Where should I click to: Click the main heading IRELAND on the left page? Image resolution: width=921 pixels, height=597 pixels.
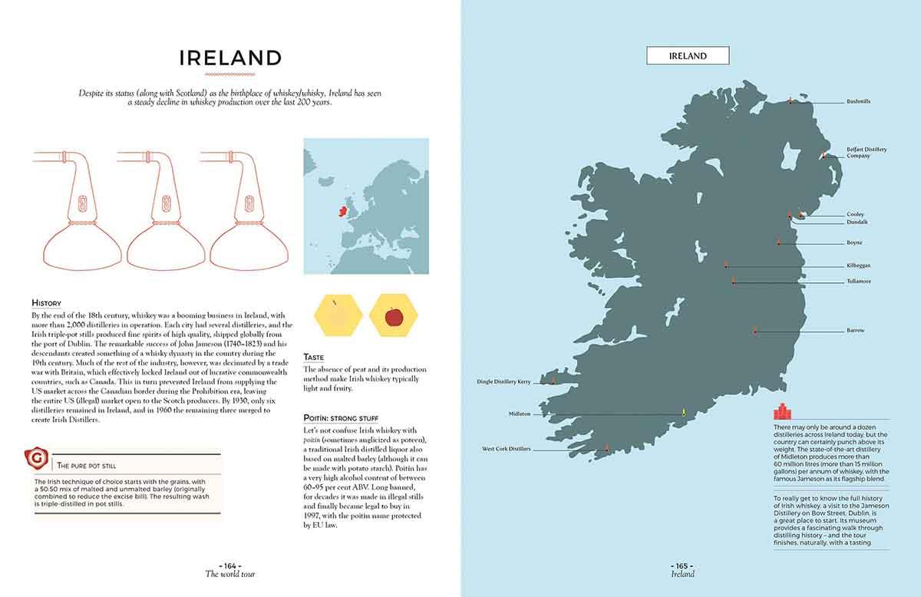click(230, 58)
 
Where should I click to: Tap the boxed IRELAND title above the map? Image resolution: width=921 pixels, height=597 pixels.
click(687, 56)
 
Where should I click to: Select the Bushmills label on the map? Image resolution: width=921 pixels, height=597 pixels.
click(858, 101)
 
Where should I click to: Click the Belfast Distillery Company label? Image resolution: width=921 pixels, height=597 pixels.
click(867, 153)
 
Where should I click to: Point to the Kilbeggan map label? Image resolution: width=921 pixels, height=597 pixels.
click(858, 266)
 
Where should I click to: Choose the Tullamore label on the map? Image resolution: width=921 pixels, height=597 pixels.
click(859, 281)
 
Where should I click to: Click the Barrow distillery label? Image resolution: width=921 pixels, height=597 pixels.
click(855, 331)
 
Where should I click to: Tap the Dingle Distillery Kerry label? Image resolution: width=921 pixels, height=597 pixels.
click(503, 381)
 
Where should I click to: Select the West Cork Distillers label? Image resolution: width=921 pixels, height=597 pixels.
click(506, 449)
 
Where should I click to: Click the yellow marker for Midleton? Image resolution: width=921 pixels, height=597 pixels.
click(683, 413)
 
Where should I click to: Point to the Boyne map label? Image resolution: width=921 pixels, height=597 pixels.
click(854, 242)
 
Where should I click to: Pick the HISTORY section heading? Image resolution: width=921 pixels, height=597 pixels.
click(46, 303)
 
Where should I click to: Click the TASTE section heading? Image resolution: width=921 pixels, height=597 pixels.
click(313, 357)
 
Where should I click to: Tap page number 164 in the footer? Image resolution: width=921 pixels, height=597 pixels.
click(229, 566)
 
